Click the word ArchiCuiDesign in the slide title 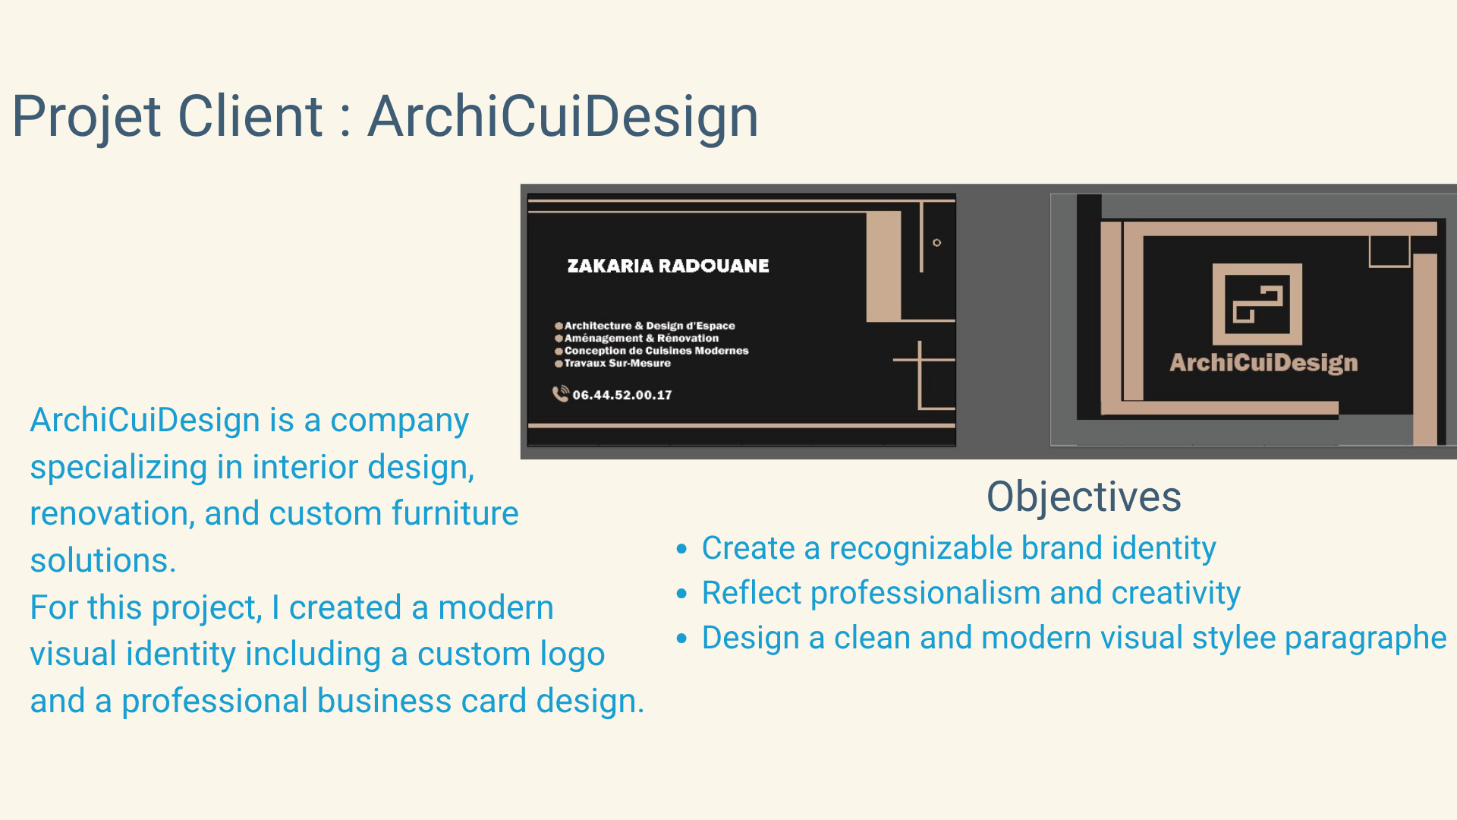pos(563,117)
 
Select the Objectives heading pos(1084,497)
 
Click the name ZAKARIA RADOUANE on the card pos(668,266)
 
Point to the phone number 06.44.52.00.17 pos(622,395)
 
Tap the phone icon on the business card pos(560,393)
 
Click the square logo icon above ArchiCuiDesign pos(1257,304)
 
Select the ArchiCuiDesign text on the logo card pos(1263,363)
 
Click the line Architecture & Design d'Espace pos(650,326)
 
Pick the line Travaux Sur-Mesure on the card pos(617,363)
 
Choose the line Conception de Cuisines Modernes pos(656,351)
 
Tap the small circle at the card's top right pos(937,243)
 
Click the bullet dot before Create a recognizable pos(681,549)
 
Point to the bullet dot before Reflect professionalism pos(681,594)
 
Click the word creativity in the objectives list pos(1175,594)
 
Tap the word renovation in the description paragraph pos(107,514)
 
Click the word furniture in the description pos(455,513)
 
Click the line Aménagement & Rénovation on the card pos(641,338)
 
